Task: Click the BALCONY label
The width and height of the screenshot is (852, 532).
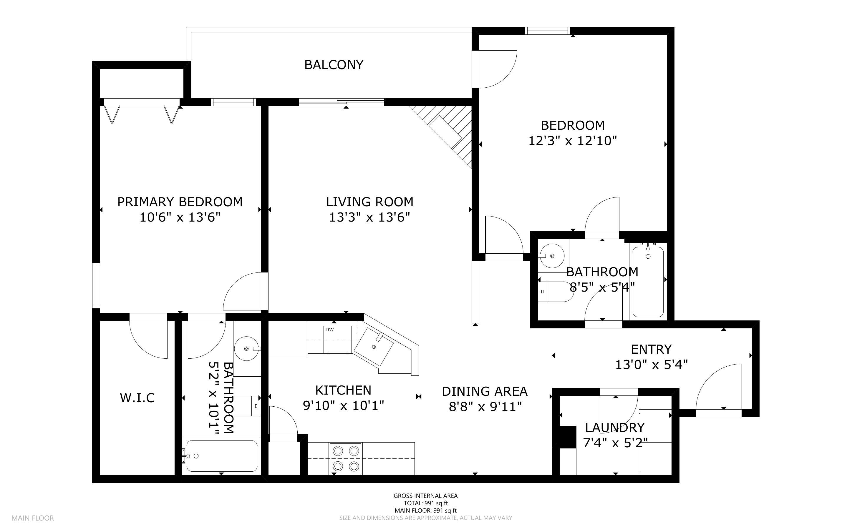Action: (x=334, y=65)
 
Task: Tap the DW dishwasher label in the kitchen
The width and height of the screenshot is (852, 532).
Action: (x=329, y=330)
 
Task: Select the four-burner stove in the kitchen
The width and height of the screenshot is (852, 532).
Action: (x=346, y=458)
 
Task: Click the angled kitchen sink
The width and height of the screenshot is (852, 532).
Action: (x=373, y=347)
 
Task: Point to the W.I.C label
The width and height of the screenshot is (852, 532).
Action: (x=137, y=398)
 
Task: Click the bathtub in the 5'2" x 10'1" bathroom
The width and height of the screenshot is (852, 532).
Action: (x=221, y=456)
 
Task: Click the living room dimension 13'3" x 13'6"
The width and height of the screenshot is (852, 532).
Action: (x=369, y=217)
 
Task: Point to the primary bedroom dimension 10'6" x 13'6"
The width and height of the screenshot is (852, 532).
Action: (x=180, y=217)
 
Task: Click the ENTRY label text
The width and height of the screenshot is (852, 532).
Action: (x=651, y=349)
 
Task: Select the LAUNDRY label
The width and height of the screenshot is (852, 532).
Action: (x=615, y=428)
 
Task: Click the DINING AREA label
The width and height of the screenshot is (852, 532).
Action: (x=485, y=391)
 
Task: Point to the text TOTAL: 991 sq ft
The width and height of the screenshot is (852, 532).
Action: (x=425, y=503)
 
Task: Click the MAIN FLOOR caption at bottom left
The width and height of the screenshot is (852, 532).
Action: (x=33, y=518)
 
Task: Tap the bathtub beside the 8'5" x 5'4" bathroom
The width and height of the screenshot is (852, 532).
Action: (x=648, y=282)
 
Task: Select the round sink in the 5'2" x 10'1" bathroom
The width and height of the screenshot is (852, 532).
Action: (x=246, y=348)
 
